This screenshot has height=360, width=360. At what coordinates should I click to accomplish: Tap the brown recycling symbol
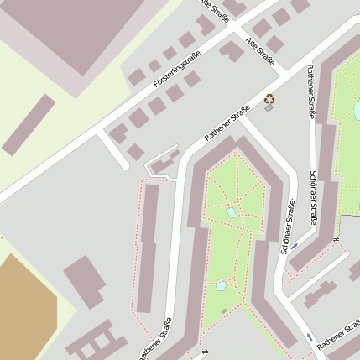[x=269, y=98]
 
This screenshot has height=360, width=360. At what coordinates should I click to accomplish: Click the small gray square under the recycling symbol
[x=269, y=108]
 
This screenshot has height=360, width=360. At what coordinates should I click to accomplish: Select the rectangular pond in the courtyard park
[x=232, y=212]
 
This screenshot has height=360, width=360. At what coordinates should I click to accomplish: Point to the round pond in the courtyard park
[x=221, y=285]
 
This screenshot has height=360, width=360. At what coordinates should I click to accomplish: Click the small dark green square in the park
[x=224, y=311]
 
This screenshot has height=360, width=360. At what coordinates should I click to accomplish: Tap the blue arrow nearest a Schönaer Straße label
[x=294, y=247]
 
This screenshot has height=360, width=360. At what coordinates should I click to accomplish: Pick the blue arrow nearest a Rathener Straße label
[x=310, y=337]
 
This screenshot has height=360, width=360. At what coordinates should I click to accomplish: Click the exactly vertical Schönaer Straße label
[x=313, y=197]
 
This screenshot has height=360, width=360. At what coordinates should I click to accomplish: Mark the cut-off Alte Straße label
[x=217, y=8]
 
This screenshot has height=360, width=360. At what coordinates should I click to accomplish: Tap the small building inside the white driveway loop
[x=166, y=160]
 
